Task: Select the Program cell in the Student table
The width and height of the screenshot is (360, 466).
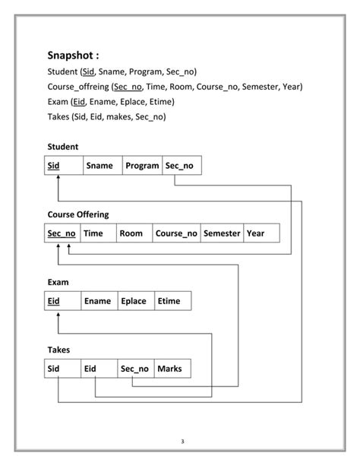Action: [x=142, y=166]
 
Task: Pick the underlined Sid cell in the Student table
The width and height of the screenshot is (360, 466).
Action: [x=62, y=166]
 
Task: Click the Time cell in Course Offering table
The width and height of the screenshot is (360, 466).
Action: [x=96, y=233]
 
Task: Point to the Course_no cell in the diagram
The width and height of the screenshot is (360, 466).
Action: [x=176, y=233]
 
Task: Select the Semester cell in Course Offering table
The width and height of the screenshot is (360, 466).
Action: [x=222, y=233]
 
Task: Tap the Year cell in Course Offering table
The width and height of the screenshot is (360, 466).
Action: [x=261, y=233]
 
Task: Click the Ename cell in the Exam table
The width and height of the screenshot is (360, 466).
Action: [x=99, y=301]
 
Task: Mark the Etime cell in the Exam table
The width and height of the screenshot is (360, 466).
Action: [x=172, y=301]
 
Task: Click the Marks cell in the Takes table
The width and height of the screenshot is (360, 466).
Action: [x=172, y=369]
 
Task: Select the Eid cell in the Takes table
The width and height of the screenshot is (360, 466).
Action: [x=99, y=369]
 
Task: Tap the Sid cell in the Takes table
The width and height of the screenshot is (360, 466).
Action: [x=62, y=369]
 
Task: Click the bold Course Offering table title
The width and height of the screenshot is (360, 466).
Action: [x=77, y=214]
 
